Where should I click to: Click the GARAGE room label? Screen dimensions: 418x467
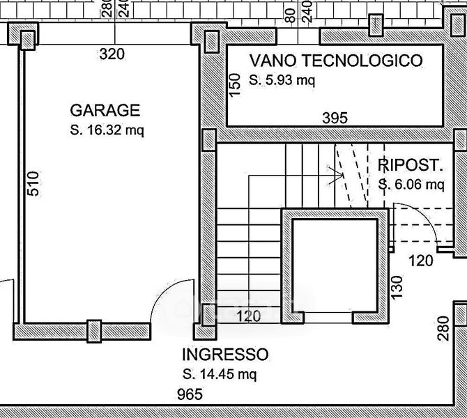(105, 110)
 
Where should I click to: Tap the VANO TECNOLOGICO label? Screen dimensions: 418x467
(335, 61)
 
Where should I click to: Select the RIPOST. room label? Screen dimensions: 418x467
(410, 165)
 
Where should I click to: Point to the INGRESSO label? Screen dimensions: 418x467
(224, 354)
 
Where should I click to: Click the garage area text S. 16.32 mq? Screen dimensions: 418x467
(107, 130)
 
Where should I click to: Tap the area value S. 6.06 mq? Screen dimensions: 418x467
(411, 185)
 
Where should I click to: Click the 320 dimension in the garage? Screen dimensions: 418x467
(112, 54)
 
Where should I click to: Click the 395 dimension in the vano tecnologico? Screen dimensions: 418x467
(335, 118)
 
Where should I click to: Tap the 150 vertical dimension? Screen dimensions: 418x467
(235, 82)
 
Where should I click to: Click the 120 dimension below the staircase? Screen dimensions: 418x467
(249, 317)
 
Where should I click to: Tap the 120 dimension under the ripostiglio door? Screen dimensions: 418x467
(420, 261)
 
